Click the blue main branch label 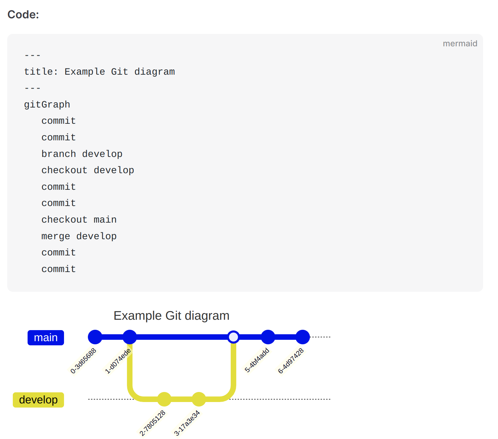click(46, 337)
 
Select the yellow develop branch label click(38, 400)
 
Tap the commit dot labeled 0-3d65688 click(95, 337)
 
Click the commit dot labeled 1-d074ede click(130, 337)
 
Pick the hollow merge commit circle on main click(233, 337)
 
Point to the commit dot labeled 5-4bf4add click(268, 337)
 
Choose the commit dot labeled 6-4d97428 click(303, 337)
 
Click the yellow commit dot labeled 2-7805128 click(164, 399)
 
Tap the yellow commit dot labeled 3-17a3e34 click(199, 399)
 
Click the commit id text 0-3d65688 click(83, 361)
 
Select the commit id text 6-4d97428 click(290, 361)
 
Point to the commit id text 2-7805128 click(152, 423)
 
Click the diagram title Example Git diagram click(171, 316)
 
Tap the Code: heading click(24, 15)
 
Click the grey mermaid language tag click(460, 44)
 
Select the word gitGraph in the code click(47, 105)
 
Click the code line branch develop click(82, 154)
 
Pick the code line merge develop click(79, 236)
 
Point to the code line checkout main click(79, 219)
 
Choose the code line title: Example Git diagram click(99, 72)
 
